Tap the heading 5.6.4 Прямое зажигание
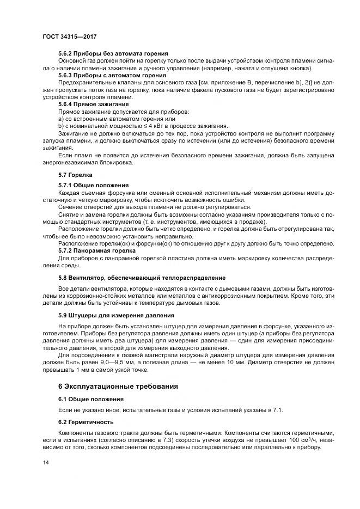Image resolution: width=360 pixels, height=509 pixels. point(93,103)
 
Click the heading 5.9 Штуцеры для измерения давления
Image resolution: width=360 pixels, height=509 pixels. point(116,315)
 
